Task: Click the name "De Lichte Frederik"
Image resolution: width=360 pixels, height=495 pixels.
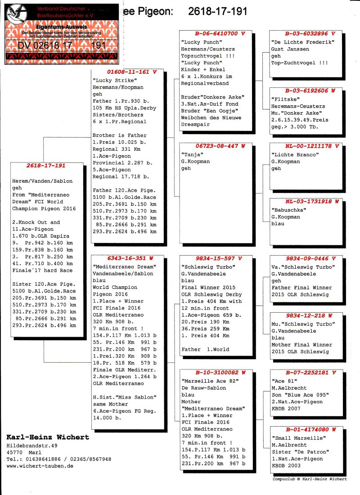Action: click(x=303, y=42)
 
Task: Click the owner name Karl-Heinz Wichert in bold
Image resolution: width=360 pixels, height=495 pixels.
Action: click(x=48, y=437)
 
